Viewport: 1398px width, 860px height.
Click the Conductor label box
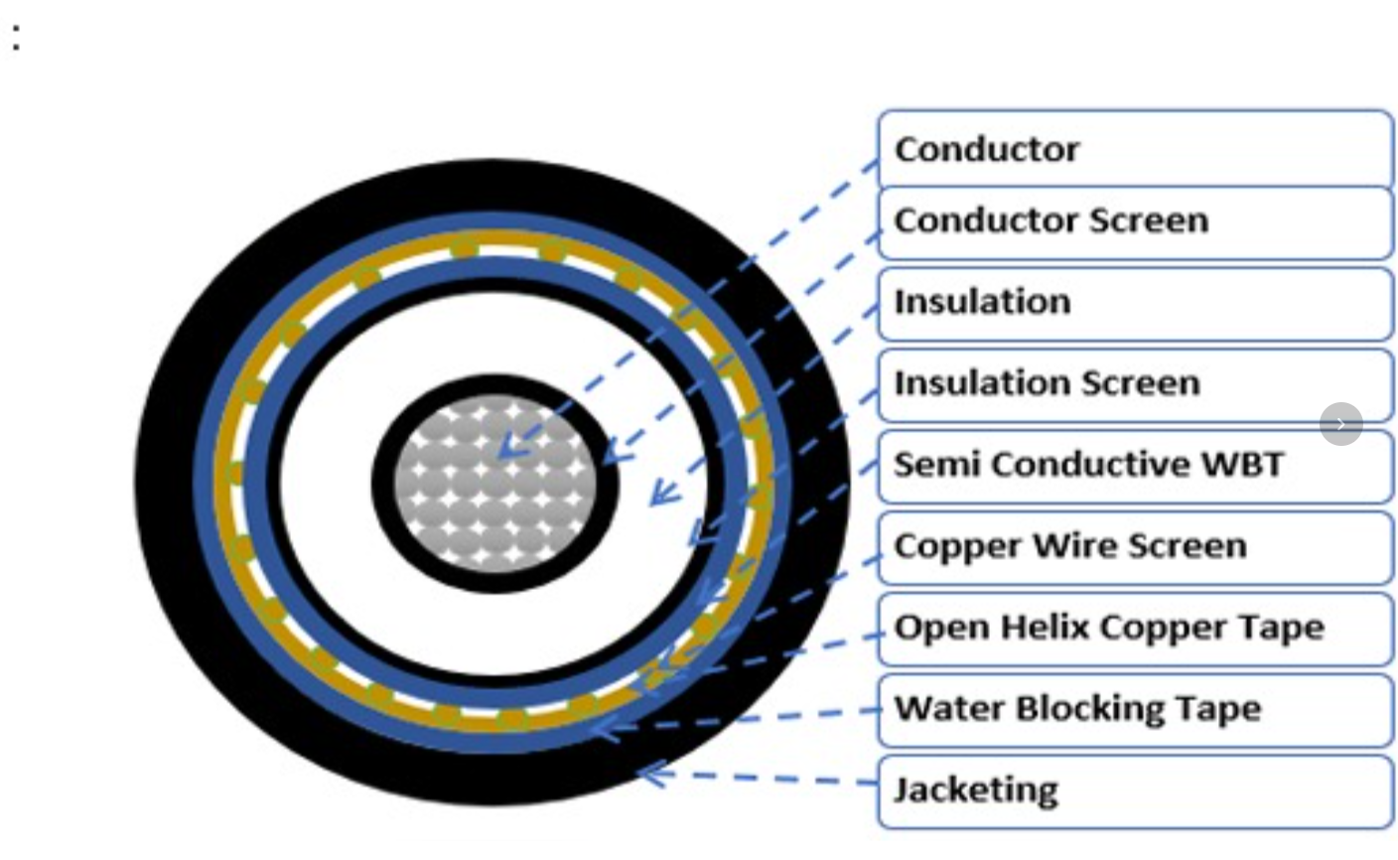point(1135,149)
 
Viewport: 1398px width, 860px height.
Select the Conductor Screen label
point(1135,222)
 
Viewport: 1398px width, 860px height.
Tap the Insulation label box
point(1135,304)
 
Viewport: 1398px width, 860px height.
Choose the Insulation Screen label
point(1135,385)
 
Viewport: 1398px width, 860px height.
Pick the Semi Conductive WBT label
point(1135,466)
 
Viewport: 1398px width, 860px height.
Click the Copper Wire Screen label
point(1135,547)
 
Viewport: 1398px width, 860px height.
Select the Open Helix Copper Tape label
point(1135,629)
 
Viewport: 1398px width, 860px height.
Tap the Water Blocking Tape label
point(1135,710)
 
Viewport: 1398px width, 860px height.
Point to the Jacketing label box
point(1135,791)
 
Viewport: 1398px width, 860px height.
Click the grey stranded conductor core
point(494,484)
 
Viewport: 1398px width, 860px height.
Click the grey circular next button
point(1340,424)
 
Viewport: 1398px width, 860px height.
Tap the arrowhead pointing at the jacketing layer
point(652,776)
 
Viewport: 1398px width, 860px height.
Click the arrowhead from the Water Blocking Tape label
point(606,728)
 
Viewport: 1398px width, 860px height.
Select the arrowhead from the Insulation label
point(663,493)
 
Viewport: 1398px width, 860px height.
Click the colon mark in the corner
point(16,37)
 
